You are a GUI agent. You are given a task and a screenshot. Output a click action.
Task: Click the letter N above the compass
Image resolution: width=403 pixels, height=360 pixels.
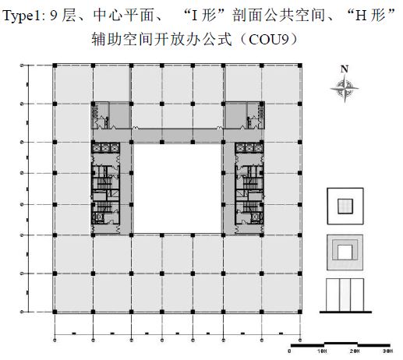tap(345, 69)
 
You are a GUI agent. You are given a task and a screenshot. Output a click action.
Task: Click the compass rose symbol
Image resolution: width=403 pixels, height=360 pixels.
tap(345, 88)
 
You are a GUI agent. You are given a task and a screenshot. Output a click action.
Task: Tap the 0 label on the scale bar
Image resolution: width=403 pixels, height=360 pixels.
tap(289, 351)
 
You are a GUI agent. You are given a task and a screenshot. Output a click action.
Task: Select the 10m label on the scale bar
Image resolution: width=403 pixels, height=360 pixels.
tap(322, 351)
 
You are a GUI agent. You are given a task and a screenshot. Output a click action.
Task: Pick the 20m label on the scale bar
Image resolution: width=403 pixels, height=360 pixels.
tap(355, 351)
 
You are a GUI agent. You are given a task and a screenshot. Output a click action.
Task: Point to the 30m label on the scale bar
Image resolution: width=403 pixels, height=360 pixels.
tap(387, 351)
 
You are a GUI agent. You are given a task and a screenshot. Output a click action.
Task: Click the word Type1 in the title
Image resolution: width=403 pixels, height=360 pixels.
tap(22, 16)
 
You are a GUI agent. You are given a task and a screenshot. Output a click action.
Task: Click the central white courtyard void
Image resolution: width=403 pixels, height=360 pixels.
tap(177, 189)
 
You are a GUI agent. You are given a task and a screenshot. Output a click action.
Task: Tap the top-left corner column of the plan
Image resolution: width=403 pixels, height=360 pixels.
tap(55, 65)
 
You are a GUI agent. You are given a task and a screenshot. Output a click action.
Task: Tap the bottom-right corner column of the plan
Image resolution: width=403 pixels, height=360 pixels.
tap(300, 312)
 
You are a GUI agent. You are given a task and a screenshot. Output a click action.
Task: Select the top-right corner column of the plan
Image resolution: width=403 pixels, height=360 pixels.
tap(300, 65)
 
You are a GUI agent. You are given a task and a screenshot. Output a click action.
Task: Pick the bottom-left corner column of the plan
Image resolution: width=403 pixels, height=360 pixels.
tap(55, 312)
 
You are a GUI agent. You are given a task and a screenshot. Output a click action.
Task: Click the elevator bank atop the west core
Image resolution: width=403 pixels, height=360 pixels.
tap(105, 148)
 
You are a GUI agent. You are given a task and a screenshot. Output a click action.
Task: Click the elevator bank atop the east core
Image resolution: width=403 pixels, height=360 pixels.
tap(249, 148)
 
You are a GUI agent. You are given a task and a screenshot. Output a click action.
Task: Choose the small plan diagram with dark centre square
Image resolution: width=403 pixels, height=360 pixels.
tap(345, 206)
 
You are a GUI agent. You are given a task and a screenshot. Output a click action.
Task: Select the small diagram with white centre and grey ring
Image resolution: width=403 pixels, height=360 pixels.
tap(345, 252)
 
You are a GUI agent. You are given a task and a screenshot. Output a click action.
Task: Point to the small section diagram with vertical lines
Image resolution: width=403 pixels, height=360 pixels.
tap(345, 295)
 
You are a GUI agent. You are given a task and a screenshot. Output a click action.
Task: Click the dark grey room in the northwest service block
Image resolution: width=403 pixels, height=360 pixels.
tap(119, 115)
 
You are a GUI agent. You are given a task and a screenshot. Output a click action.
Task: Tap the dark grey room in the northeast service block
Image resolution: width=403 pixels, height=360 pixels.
tap(235, 115)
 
